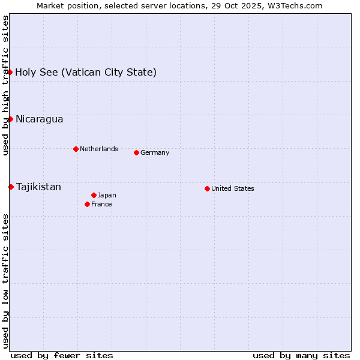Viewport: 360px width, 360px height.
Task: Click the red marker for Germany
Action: (x=136, y=152)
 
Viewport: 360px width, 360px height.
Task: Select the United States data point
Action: (x=207, y=188)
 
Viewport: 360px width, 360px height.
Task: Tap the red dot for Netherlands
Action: (x=76, y=149)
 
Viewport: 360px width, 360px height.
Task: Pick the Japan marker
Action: (x=94, y=195)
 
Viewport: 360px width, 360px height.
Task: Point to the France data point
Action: (x=88, y=204)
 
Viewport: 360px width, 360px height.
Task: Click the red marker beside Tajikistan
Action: (x=11, y=187)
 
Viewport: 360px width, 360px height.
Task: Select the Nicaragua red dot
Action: (x=10, y=119)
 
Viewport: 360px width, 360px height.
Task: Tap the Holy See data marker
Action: (x=10, y=72)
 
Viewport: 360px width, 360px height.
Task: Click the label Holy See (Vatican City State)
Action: (x=86, y=73)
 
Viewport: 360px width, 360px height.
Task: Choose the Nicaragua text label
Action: (x=39, y=119)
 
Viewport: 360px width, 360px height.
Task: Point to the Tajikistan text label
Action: (x=38, y=187)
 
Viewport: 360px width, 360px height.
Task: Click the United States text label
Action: (x=233, y=188)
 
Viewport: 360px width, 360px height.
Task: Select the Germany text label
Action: (x=155, y=152)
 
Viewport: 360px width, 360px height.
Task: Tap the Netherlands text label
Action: (x=99, y=149)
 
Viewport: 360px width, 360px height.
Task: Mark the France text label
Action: (x=101, y=204)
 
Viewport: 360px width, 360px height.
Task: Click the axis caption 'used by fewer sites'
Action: (x=62, y=355)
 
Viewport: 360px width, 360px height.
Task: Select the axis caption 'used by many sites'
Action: (x=301, y=355)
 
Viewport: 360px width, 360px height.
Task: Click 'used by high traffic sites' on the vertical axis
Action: (x=6, y=86)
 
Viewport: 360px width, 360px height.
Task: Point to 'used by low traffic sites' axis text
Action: (x=6, y=281)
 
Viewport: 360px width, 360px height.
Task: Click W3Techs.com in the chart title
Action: (x=295, y=5)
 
